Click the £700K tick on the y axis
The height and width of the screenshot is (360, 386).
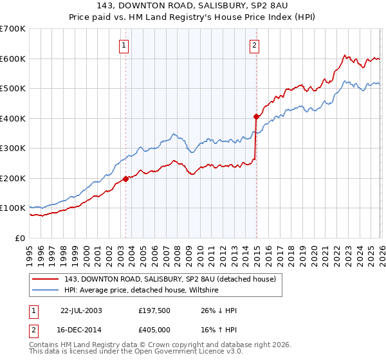coord(13,29)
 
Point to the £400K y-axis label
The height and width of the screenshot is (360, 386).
coord(13,118)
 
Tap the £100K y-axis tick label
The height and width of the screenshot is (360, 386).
coord(13,208)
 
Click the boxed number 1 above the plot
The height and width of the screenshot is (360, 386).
coord(123,45)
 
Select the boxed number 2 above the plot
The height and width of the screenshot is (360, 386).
coord(255,45)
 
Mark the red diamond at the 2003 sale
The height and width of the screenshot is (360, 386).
coord(126,179)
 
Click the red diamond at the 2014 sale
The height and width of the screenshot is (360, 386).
coord(255,117)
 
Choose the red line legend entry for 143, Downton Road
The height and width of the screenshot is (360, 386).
coord(170,279)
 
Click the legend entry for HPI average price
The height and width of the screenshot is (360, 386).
coord(141,291)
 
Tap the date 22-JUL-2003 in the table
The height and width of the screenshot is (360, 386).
coord(81,310)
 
